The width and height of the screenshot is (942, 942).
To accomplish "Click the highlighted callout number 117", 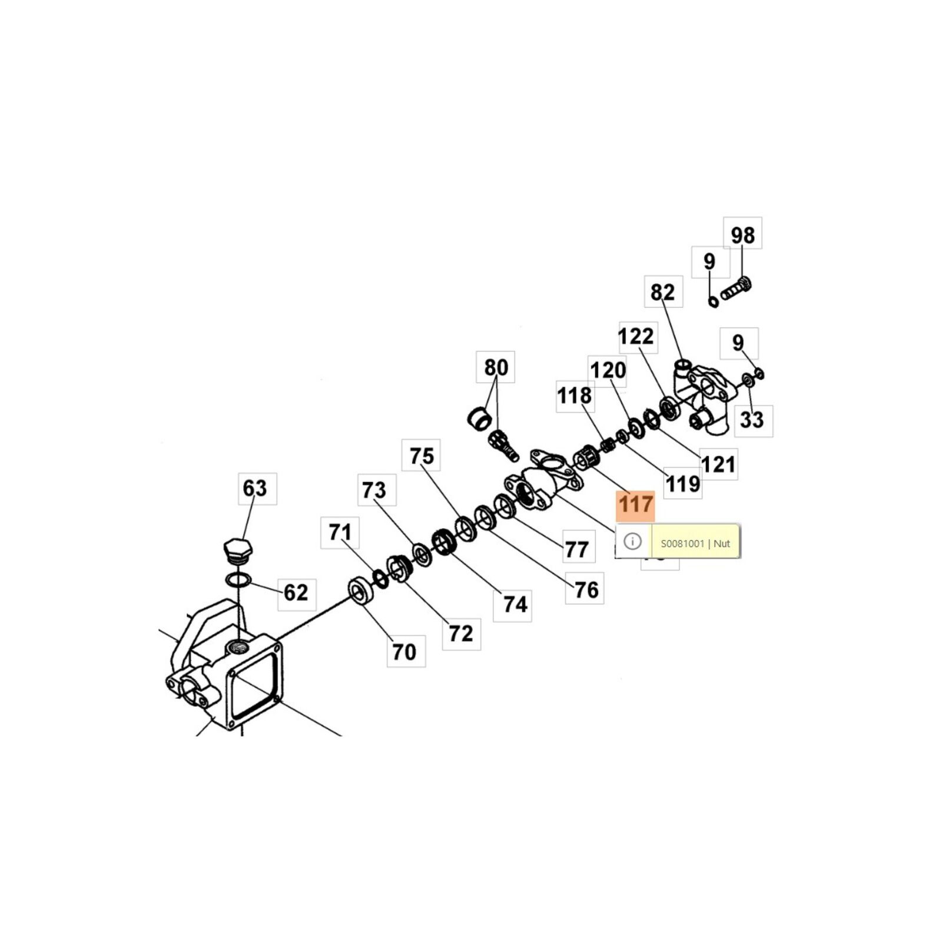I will pos(635,505).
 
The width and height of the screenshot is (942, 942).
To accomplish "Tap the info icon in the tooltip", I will pos(632,541).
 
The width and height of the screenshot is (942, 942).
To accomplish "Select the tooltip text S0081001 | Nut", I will pos(695,543).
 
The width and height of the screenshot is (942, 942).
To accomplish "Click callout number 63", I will pos(255,488).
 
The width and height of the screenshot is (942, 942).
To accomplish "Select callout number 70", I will pos(404,652).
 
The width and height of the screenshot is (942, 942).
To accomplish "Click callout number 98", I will pos(742,235).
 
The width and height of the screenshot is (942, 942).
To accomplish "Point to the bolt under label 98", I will pos(736,289).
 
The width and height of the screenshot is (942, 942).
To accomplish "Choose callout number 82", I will pos(663,292).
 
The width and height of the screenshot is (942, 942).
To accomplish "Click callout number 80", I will pos(496,367).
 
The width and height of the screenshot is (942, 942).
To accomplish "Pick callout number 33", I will pos(752,420).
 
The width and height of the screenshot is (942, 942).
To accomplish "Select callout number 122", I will pos(636,336).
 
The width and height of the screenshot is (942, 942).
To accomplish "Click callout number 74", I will pos(515,604).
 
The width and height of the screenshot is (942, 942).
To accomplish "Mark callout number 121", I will pos(718,465).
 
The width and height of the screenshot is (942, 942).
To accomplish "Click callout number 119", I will pos(683,484).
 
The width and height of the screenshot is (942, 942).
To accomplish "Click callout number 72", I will pos(461,633).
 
